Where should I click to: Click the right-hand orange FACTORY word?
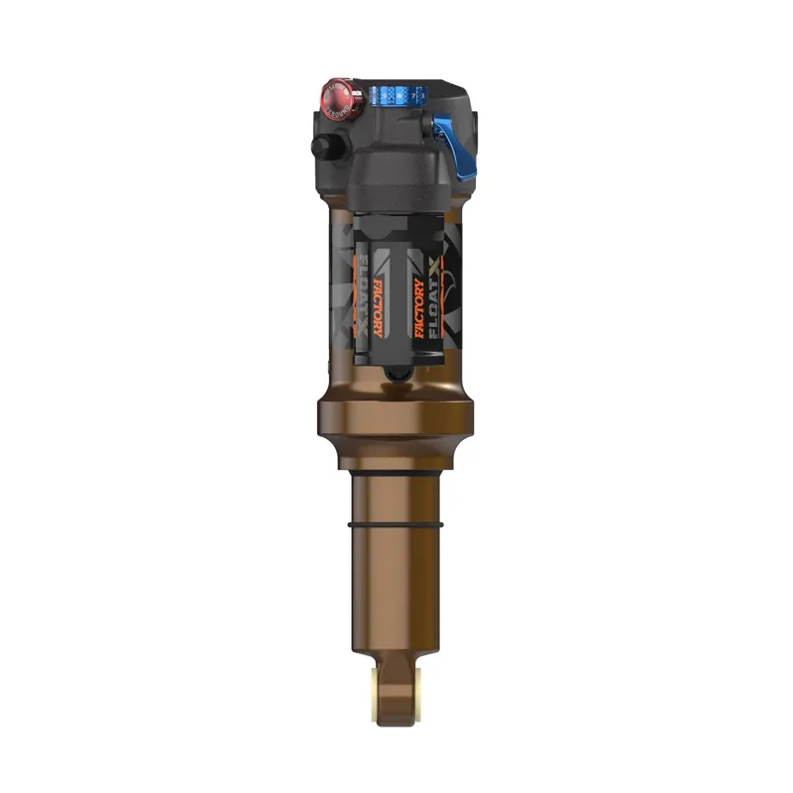(x=419, y=308)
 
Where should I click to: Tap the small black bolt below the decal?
(x=395, y=373)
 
